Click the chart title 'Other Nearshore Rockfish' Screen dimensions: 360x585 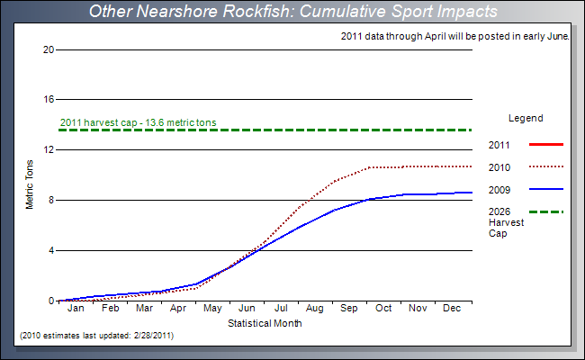click(x=292, y=12)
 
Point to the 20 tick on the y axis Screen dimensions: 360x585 click(x=49, y=49)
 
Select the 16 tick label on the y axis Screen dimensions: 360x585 click(x=49, y=99)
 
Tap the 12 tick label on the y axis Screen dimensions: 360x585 click(x=49, y=149)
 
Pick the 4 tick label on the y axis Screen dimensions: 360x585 click(x=51, y=250)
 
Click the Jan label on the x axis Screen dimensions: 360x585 click(x=76, y=309)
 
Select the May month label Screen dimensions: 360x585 click(x=212, y=309)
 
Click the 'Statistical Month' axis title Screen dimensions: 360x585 click(x=265, y=322)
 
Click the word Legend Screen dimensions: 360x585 click(x=526, y=118)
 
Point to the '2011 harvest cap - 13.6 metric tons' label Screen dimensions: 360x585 click(x=138, y=122)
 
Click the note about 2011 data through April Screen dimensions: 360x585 click(x=456, y=36)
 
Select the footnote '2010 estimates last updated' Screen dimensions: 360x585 click(x=96, y=335)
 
